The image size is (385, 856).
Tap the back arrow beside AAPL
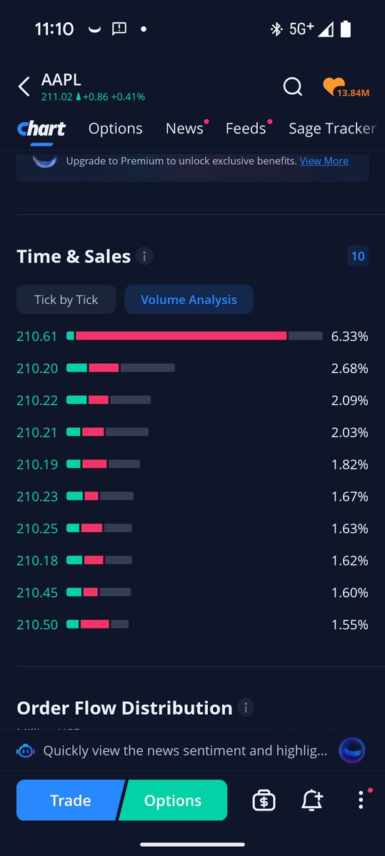coord(24,87)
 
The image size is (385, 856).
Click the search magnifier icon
coord(293,87)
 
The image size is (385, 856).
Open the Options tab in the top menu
coord(115,128)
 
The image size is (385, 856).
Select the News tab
coord(184,128)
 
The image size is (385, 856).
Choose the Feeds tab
coord(246,128)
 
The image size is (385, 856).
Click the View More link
coord(324,160)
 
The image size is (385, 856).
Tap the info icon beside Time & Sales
coord(144,257)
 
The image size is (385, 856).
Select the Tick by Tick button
coord(66,300)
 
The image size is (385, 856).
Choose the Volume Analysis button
coord(189,300)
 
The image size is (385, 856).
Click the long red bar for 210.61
coord(181,336)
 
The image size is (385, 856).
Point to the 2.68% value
coord(349,368)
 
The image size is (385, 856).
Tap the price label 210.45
coord(37,592)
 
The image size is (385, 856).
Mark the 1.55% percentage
coord(349,624)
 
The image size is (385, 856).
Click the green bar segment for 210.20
coord(76,368)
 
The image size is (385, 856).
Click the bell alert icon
coord(311,800)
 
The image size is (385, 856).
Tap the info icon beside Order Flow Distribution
coord(246,708)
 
